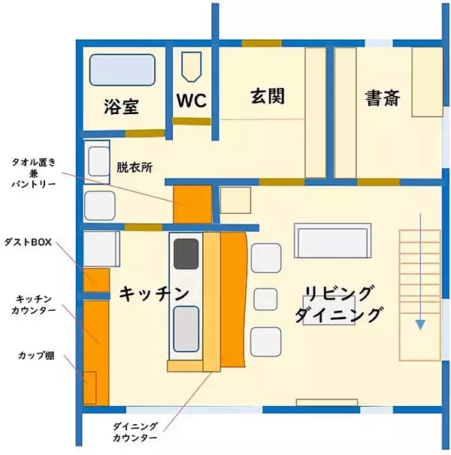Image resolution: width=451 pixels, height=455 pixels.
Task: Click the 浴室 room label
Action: pos(121,107)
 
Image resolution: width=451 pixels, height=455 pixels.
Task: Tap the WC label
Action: pos(192,101)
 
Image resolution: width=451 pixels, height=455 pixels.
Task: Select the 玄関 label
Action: pos(268,96)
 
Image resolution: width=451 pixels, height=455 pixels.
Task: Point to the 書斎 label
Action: pos(383,98)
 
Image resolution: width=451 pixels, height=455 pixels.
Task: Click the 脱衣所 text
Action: pos(135,167)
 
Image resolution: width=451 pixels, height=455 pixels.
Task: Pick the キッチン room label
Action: pos(154,294)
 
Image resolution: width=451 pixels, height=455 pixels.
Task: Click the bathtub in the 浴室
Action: pos(122,70)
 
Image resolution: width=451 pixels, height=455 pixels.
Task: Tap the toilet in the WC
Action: pos(191,67)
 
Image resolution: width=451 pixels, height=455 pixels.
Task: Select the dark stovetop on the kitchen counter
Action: pos(186,254)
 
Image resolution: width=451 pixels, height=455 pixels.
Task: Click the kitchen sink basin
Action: pos(186,329)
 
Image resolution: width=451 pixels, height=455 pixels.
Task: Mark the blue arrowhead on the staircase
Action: pos(420,324)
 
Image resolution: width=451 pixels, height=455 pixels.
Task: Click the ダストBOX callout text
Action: pos(28,242)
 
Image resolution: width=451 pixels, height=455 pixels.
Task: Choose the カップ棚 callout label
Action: pos(36,355)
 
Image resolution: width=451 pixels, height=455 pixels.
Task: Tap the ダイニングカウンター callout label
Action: pos(135,432)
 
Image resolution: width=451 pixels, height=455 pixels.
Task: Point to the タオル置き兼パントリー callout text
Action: pos(33,173)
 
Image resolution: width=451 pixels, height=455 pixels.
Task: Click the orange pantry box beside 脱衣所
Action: pos(192,204)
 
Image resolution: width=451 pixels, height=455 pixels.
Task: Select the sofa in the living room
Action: pos(332,240)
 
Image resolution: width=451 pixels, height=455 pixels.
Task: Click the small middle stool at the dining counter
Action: pos(265,299)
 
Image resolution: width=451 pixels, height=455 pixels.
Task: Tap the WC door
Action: pos(192,121)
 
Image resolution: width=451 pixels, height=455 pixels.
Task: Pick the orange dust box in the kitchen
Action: pos(96,280)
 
